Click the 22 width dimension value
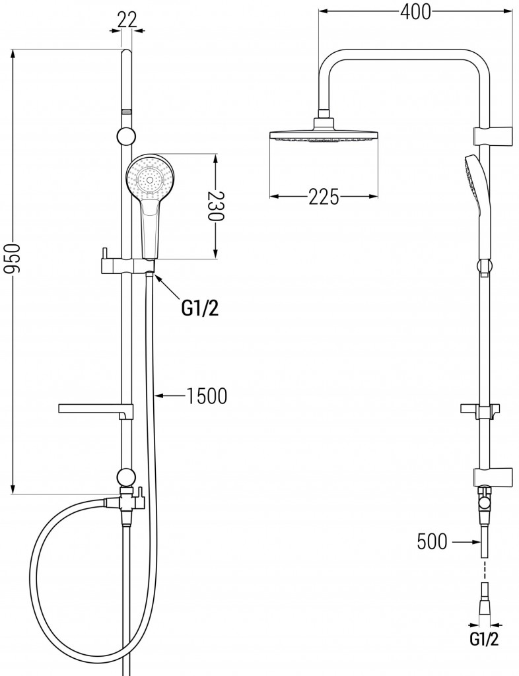coord(127,19)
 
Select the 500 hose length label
coord(432,543)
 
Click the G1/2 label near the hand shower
coord(199,309)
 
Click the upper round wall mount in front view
coord(126,137)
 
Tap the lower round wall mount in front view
coord(125,477)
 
